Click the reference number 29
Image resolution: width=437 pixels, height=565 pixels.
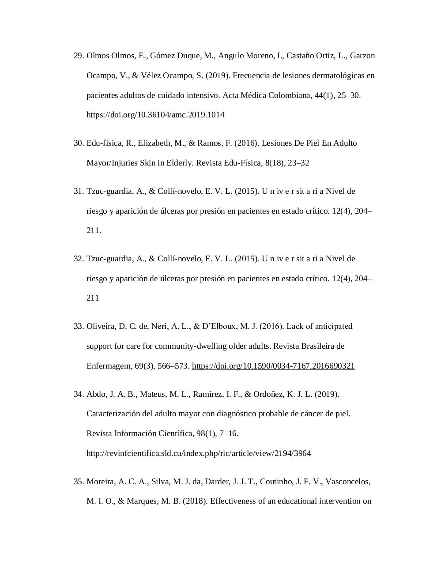tap(79, 56)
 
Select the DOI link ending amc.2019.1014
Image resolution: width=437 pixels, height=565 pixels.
tap(155, 115)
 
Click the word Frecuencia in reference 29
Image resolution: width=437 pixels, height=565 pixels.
tap(251, 75)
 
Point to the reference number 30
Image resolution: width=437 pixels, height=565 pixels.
tap(79, 143)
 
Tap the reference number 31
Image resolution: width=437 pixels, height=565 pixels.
tap(79, 191)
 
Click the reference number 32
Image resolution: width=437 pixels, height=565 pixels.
tap(79, 259)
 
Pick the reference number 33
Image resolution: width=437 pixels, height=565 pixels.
tap(79, 326)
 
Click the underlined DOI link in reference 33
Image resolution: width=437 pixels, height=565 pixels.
tap(273, 366)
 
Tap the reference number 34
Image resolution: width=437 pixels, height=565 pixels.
tap(79, 394)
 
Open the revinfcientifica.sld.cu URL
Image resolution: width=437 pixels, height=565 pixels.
tap(199, 453)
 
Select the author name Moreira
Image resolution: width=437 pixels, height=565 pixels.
tap(101, 482)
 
